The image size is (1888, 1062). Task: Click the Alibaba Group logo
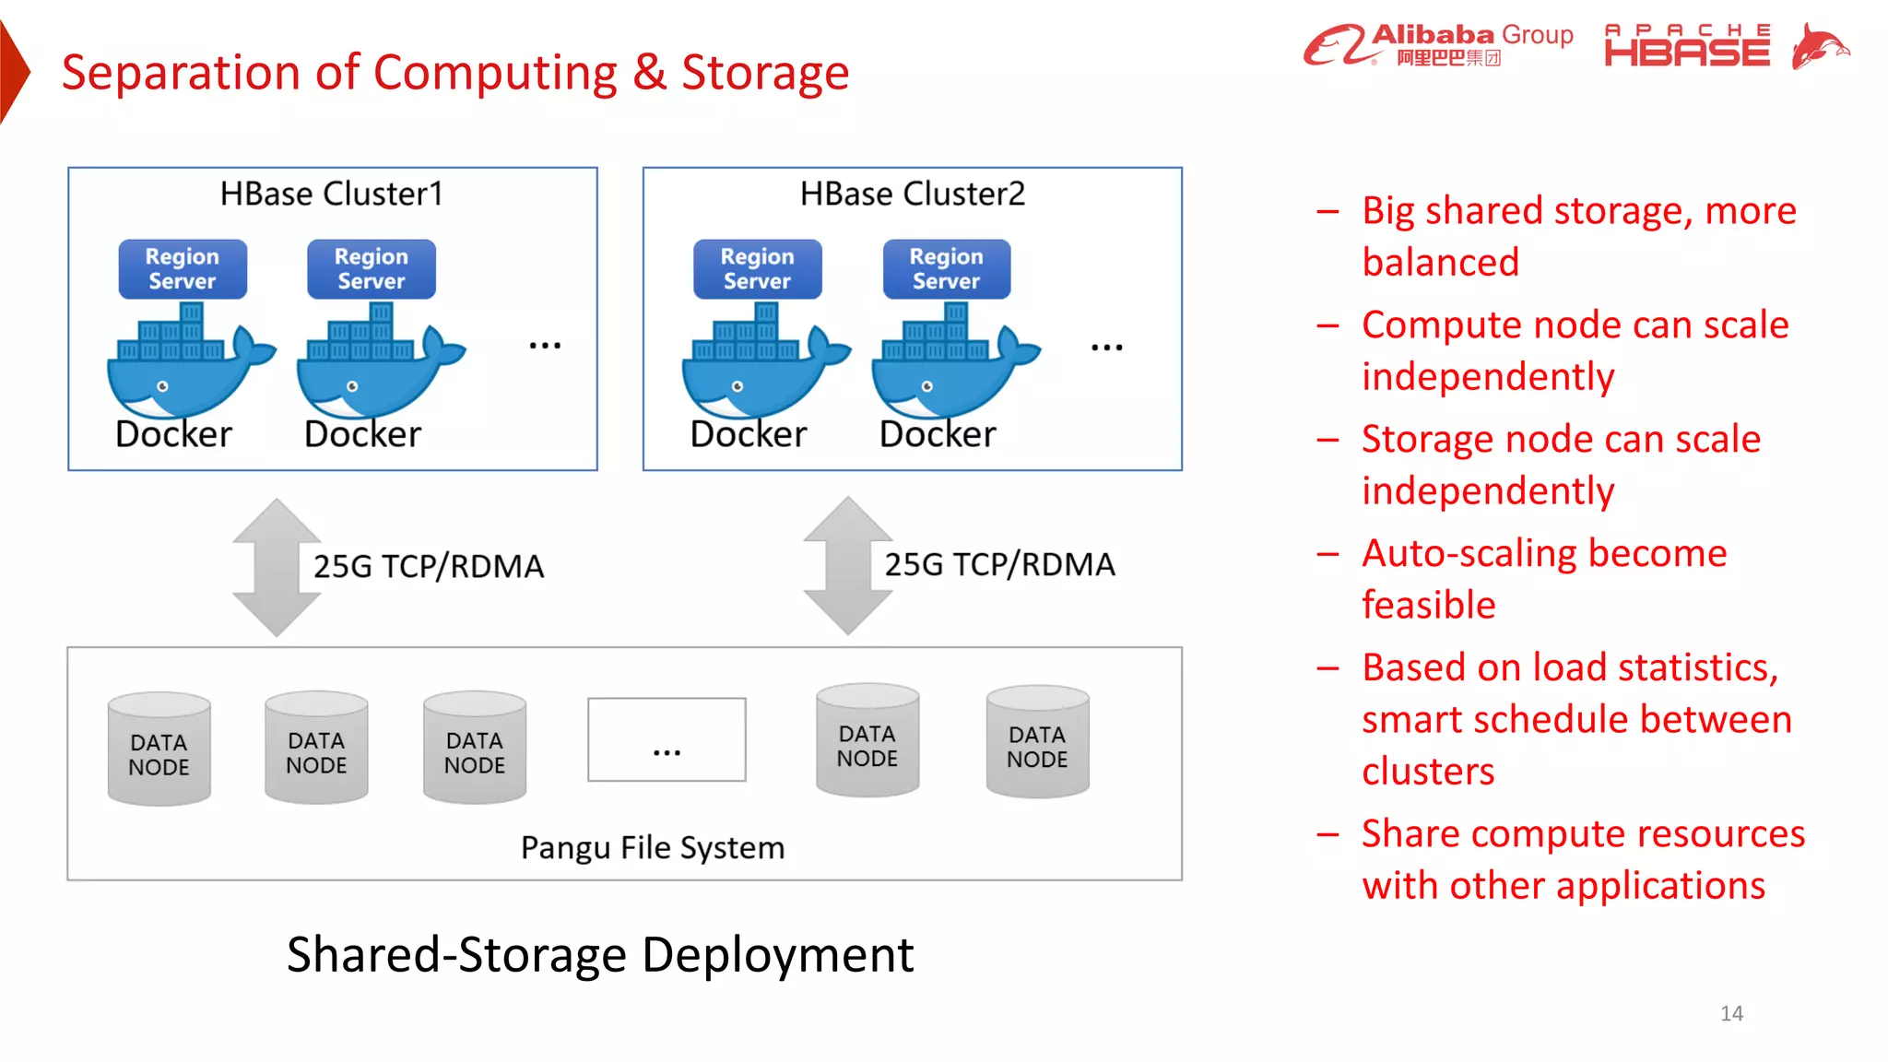coord(1438,45)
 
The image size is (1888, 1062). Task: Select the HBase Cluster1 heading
coord(332,194)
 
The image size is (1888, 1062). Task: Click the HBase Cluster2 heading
coord(912,194)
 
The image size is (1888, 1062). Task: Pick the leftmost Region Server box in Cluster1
coord(183,268)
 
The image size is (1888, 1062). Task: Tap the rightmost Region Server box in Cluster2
coord(946,268)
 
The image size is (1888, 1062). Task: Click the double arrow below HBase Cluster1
coord(277,567)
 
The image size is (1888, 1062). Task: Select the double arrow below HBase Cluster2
coord(847,565)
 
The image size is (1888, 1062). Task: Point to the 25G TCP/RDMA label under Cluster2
coord(999,564)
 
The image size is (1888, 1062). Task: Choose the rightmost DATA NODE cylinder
coord(1037,742)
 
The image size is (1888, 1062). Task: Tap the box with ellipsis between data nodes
coord(667,739)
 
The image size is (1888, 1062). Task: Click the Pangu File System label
coord(653,847)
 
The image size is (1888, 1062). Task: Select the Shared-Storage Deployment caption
coord(600,954)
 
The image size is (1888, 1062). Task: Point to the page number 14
coord(1731,1013)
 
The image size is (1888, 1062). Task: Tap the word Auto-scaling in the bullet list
coord(1469,554)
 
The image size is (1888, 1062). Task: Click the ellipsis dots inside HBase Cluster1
coord(545,346)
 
